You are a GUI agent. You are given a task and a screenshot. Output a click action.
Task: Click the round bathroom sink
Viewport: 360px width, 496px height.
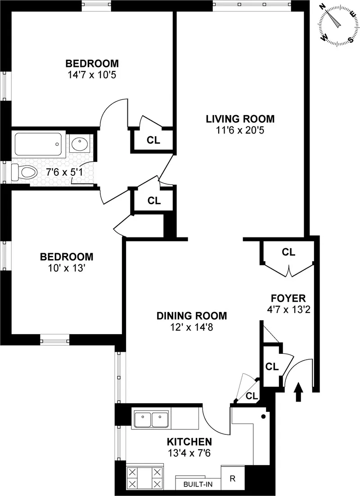pyautogui.click(x=80, y=144)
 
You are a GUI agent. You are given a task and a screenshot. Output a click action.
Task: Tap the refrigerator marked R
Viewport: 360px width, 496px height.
pyautogui.click(x=233, y=478)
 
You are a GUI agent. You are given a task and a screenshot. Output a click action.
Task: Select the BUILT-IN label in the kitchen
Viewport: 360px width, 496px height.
pyautogui.click(x=198, y=485)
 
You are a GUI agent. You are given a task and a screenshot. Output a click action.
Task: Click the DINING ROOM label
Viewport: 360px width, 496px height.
pyautogui.click(x=191, y=316)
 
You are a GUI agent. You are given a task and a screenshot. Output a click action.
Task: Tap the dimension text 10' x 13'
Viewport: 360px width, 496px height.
pyautogui.click(x=67, y=268)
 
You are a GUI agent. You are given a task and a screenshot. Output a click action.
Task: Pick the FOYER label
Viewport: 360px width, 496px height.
pyautogui.click(x=288, y=298)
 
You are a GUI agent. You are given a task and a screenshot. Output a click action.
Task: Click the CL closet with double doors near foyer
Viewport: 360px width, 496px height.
pyautogui.click(x=288, y=252)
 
